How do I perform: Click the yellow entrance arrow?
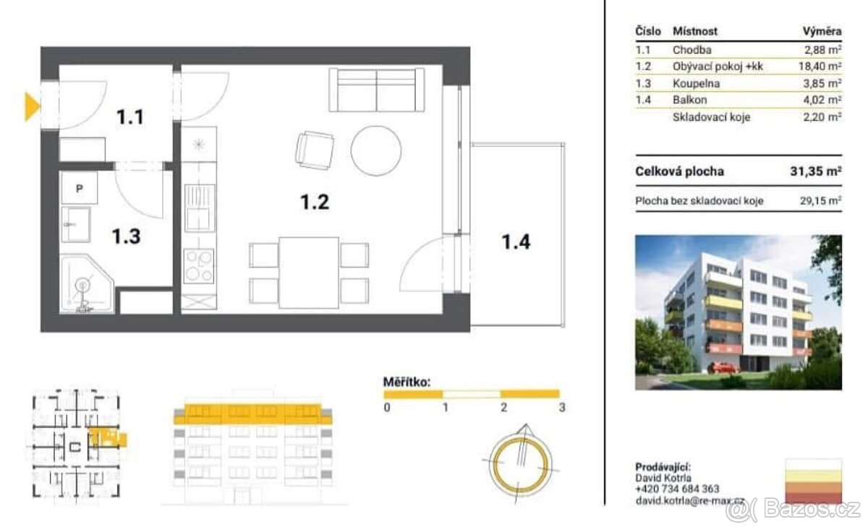[32, 106]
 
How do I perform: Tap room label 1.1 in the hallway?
[130, 117]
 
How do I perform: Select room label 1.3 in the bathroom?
[127, 236]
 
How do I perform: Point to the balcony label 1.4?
[516, 242]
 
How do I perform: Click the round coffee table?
[376, 150]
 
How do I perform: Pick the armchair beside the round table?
[314, 150]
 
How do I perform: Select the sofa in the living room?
[377, 90]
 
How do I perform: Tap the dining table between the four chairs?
[309, 273]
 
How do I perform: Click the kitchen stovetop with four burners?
[199, 266]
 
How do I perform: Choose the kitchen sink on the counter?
[200, 208]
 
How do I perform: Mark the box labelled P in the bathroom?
[80, 188]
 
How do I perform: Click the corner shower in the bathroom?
[87, 284]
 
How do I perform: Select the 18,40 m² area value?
[820, 67]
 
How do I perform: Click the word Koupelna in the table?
[696, 83]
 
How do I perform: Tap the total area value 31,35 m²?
[816, 171]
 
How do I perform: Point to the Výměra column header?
[822, 31]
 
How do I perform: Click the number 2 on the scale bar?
[503, 407]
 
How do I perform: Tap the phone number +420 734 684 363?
[677, 489]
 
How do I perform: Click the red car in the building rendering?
[723, 367]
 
